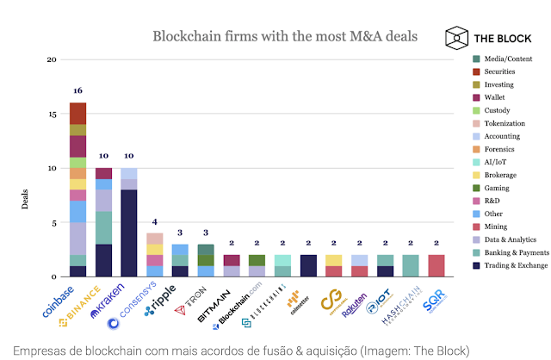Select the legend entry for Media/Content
[505, 58]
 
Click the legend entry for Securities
[499, 71]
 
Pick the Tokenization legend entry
[504, 123]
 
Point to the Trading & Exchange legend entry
[513, 265]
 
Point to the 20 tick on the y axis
[52, 59]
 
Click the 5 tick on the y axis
[53, 222]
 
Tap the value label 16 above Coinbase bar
[77, 90]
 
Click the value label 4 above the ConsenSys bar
[155, 221]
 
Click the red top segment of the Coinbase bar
[77, 113]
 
